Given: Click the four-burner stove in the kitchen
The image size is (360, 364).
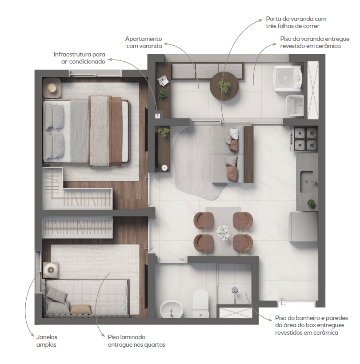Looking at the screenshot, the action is click(x=304, y=139).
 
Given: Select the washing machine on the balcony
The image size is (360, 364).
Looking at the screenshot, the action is click(x=288, y=79).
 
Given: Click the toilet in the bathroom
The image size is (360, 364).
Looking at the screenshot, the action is click(x=201, y=304).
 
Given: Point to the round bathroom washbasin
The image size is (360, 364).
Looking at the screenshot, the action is click(x=171, y=309).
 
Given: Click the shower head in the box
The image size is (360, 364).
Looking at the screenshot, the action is click(x=235, y=290).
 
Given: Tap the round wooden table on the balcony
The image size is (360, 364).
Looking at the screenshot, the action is click(x=224, y=86).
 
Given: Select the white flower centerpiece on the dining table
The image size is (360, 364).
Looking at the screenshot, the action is click(x=223, y=232).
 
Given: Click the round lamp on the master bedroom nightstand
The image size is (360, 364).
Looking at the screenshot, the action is click(x=52, y=88).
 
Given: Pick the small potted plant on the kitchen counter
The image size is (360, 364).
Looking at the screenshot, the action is click(x=311, y=203).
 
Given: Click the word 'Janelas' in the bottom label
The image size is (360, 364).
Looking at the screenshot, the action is click(x=47, y=337).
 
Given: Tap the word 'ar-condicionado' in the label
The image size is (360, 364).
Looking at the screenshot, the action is click(x=83, y=61).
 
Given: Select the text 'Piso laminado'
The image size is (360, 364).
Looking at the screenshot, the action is click(x=127, y=337).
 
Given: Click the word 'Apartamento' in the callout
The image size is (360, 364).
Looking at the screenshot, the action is click(x=144, y=39).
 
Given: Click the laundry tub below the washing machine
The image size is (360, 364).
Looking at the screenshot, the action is click(x=295, y=106).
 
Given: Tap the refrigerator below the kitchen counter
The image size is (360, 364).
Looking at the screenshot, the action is click(x=304, y=227).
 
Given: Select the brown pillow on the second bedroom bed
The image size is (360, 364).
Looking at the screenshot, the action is click(x=80, y=310).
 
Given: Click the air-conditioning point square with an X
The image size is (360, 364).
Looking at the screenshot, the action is click(x=158, y=116).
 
